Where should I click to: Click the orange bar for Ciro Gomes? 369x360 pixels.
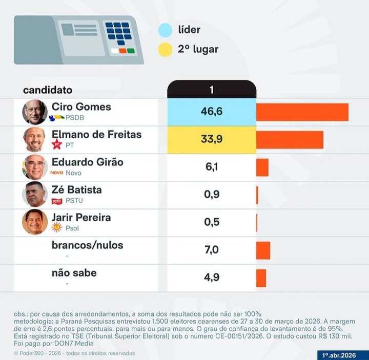[x=302, y=112]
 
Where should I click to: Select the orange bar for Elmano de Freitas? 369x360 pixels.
[x=290, y=140]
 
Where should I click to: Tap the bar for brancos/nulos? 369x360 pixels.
[x=263, y=250]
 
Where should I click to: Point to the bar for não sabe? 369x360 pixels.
[x=261, y=278]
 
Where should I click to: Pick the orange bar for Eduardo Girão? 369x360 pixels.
[x=262, y=167]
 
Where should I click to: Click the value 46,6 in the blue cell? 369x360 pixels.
[x=211, y=112]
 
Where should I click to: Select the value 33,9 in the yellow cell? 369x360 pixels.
[x=211, y=139]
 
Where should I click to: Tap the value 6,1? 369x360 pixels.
[x=212, y=167]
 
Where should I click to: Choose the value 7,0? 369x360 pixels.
[x=212, y=250]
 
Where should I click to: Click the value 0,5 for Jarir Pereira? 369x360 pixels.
[x=212, y=222]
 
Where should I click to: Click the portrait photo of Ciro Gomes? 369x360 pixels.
[x=35, y=112]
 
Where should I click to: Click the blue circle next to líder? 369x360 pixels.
[x=165, y=30]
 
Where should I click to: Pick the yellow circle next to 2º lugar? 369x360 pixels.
[x=165, y=50]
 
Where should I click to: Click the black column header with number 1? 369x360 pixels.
[x=211, y=90]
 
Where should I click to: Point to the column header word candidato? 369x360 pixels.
[x=48, y=90]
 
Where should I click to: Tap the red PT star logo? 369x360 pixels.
[x=57, y=145]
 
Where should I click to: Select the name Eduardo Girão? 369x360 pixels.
[x=88, y=162]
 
